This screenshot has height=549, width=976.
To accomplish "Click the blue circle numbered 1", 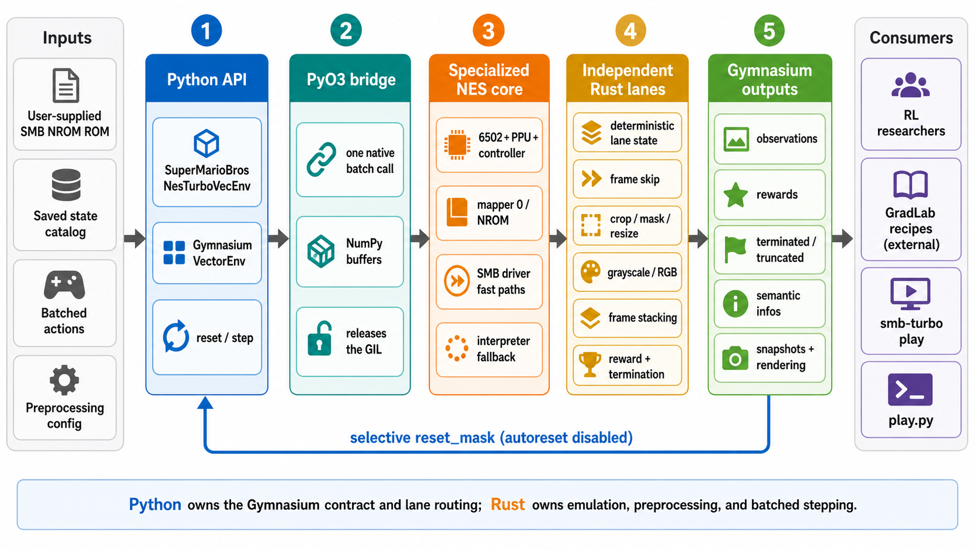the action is (x=206, y=30).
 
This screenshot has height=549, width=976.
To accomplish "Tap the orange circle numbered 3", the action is (x=489, y=30).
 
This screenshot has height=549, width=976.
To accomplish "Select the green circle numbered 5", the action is (x=769, y=30).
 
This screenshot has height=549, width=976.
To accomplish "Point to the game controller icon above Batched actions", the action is (x=64, y=285).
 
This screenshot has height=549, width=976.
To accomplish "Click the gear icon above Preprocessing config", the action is (x=64, y=380).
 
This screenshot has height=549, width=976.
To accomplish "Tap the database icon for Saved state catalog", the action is (x=66, y=184).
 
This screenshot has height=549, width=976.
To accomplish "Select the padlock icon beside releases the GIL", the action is (x=319, y=339).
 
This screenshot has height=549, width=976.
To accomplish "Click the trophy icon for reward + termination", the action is (x=590, y=364).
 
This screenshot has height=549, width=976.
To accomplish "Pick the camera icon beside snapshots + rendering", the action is (x=735, y=358).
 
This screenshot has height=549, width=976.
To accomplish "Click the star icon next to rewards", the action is (x=736, y=195).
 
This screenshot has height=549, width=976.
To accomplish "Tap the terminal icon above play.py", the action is (x=910, y=389).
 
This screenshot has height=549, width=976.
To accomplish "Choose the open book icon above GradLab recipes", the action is (x=910, y=184).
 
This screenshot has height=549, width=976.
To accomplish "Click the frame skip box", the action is (x=627, y=179).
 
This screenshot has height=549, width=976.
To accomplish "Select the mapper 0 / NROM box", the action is (x=489, y=213).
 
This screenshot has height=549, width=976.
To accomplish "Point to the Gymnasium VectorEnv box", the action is (x=207, y=253).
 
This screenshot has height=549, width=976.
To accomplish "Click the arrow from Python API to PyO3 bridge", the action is (x=278, y=238).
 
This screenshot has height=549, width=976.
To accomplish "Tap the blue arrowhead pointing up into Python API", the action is (x=205, y=403).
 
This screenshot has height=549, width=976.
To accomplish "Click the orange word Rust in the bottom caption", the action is (x=508, y=504).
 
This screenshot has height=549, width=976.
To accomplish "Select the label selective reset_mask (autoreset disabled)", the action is (x=491, y=437).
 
